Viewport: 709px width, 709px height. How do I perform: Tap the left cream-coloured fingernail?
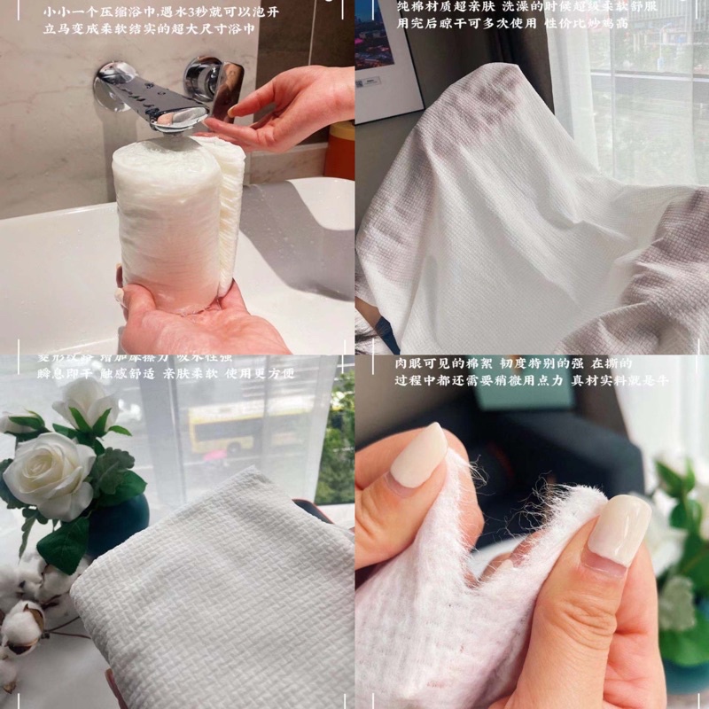click(x=419, y=455)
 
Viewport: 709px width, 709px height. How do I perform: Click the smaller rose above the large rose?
click(x=84, y=403)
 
